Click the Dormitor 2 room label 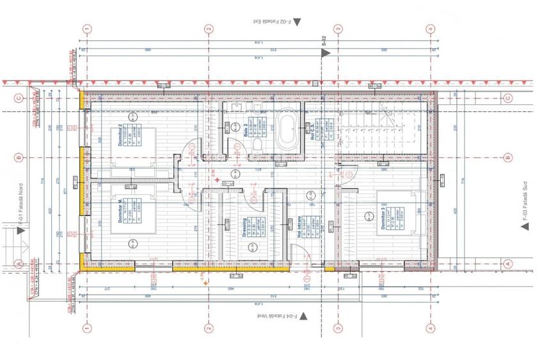point(120,136)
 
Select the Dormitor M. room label point(120,210)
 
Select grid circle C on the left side point(19,98)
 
